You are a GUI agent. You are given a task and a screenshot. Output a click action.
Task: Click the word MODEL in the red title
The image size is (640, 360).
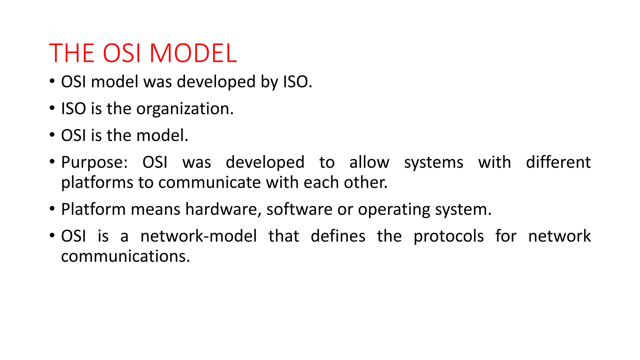click(193, 53)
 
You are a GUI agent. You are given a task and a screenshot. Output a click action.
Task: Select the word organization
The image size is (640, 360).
click(185, 109)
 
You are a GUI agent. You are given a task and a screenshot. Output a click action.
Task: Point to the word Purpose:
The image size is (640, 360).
click(94, 162)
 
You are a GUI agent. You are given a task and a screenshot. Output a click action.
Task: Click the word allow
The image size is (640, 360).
click(369, 162)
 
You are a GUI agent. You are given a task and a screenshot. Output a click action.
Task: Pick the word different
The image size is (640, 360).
click(558, 162)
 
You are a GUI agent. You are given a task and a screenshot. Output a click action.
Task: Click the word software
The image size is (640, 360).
click(299, 209)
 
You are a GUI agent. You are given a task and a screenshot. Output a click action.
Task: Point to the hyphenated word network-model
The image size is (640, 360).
click(198, 236)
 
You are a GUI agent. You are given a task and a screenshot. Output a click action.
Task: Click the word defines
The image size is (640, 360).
click(338, 236)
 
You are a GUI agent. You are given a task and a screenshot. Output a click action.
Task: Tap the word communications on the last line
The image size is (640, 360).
click(125, 257)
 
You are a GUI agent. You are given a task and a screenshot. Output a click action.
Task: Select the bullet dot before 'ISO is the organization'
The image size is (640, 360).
click(52, 108)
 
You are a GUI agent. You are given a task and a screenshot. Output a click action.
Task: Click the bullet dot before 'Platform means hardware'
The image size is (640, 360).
click(52, 209)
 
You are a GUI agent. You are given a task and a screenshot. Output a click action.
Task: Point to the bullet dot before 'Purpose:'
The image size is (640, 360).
click(52, 162)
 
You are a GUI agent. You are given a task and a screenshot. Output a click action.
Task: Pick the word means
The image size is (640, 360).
click(155, 209)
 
